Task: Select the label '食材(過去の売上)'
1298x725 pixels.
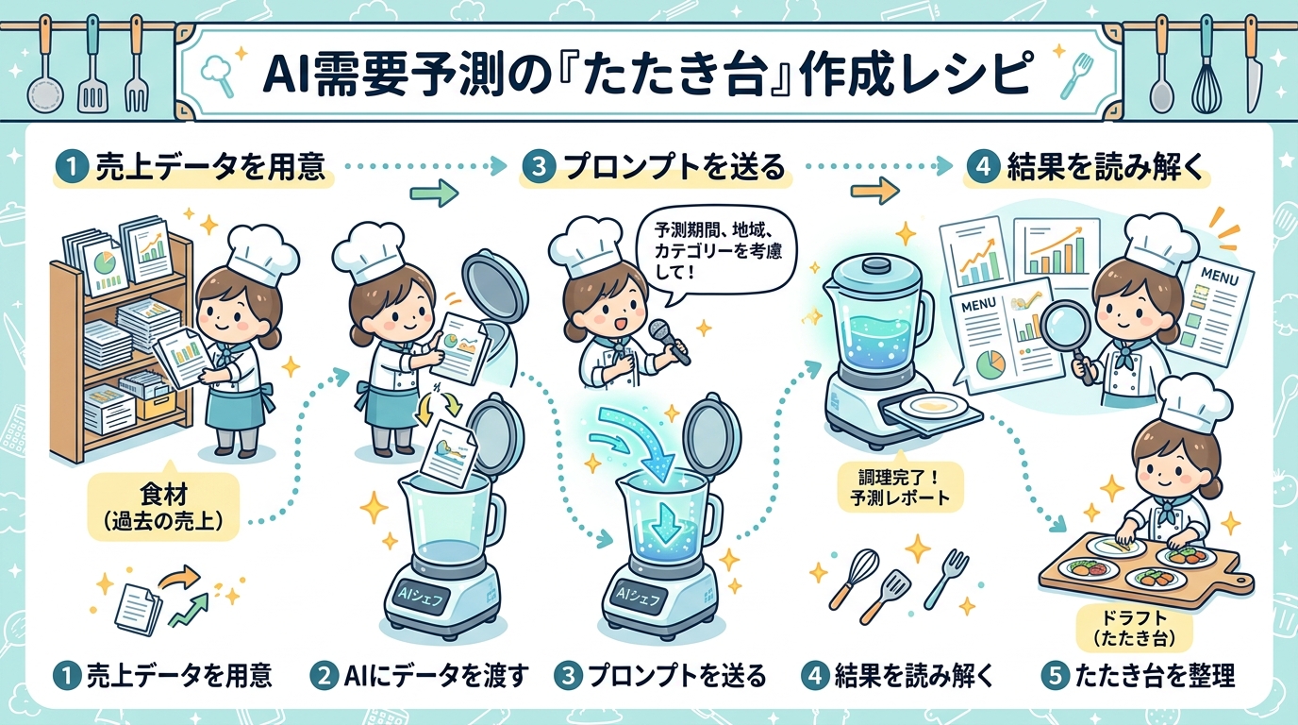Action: (163, 507)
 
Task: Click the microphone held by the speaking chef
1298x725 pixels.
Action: (669, 341)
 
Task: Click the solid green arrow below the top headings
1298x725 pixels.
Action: (434, 193)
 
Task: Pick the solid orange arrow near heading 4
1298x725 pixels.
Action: (875, 191)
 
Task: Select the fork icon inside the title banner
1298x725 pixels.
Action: (1076, 76)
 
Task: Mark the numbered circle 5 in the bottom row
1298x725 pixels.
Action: (1055, 676)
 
